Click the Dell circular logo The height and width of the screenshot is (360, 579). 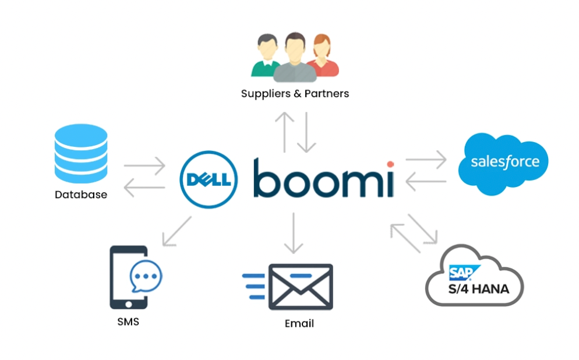pyautogui.click(x=209, y=178)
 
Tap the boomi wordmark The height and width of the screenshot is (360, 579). pyautogui.click(x=323, y=178)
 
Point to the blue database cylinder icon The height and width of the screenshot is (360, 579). pyautogui.click(x=81, y=153)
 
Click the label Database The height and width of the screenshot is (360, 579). pyautogui.click(x=81, y=195)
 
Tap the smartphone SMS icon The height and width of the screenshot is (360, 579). pyautogui.click(x=129, y=277)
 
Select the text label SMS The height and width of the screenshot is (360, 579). pyautogui.click(x=128, y=322)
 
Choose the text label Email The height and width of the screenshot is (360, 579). pyautogui.click(x=299, y=324)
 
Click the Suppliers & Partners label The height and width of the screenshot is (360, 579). pyautogui.click(x=295, y=93)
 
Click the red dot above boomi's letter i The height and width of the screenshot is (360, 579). pyautogui.click(x=390, y=164)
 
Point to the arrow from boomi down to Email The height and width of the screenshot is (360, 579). pyautogui.click(x=294, y=233)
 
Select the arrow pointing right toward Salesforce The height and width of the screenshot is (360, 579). pyautogui.click(x=426, y=158)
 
